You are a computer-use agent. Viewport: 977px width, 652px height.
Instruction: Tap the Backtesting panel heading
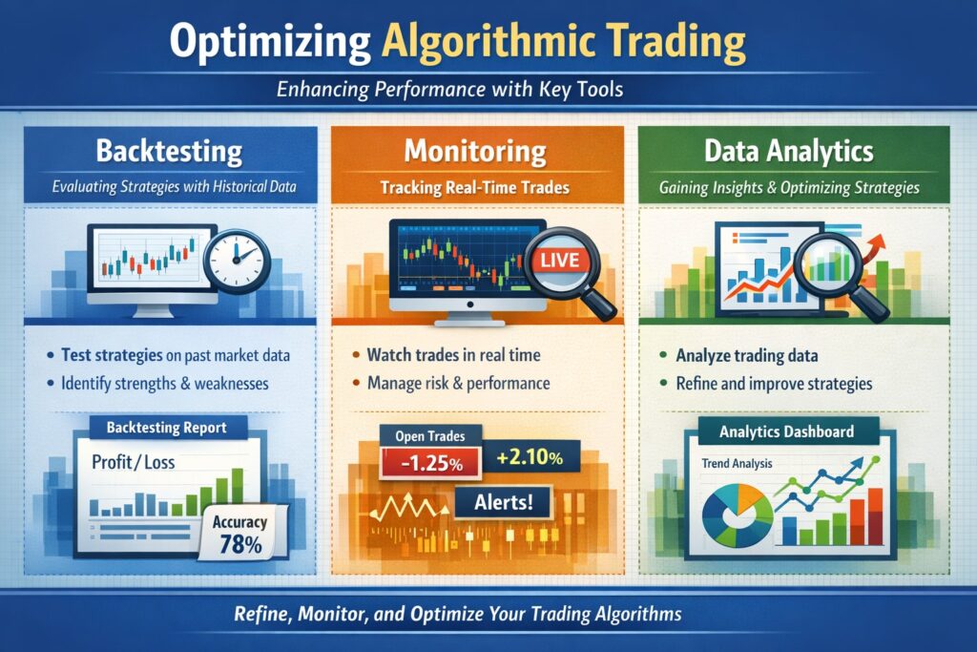tap(168, 152)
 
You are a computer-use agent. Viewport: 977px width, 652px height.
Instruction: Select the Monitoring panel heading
tap(474, 152)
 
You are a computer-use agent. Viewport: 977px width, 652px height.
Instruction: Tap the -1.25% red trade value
tap(421, 465)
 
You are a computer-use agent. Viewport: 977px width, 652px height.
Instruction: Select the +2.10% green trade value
tap(530, 458)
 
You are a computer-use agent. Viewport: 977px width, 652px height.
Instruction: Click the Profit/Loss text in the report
tap(132, 462)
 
